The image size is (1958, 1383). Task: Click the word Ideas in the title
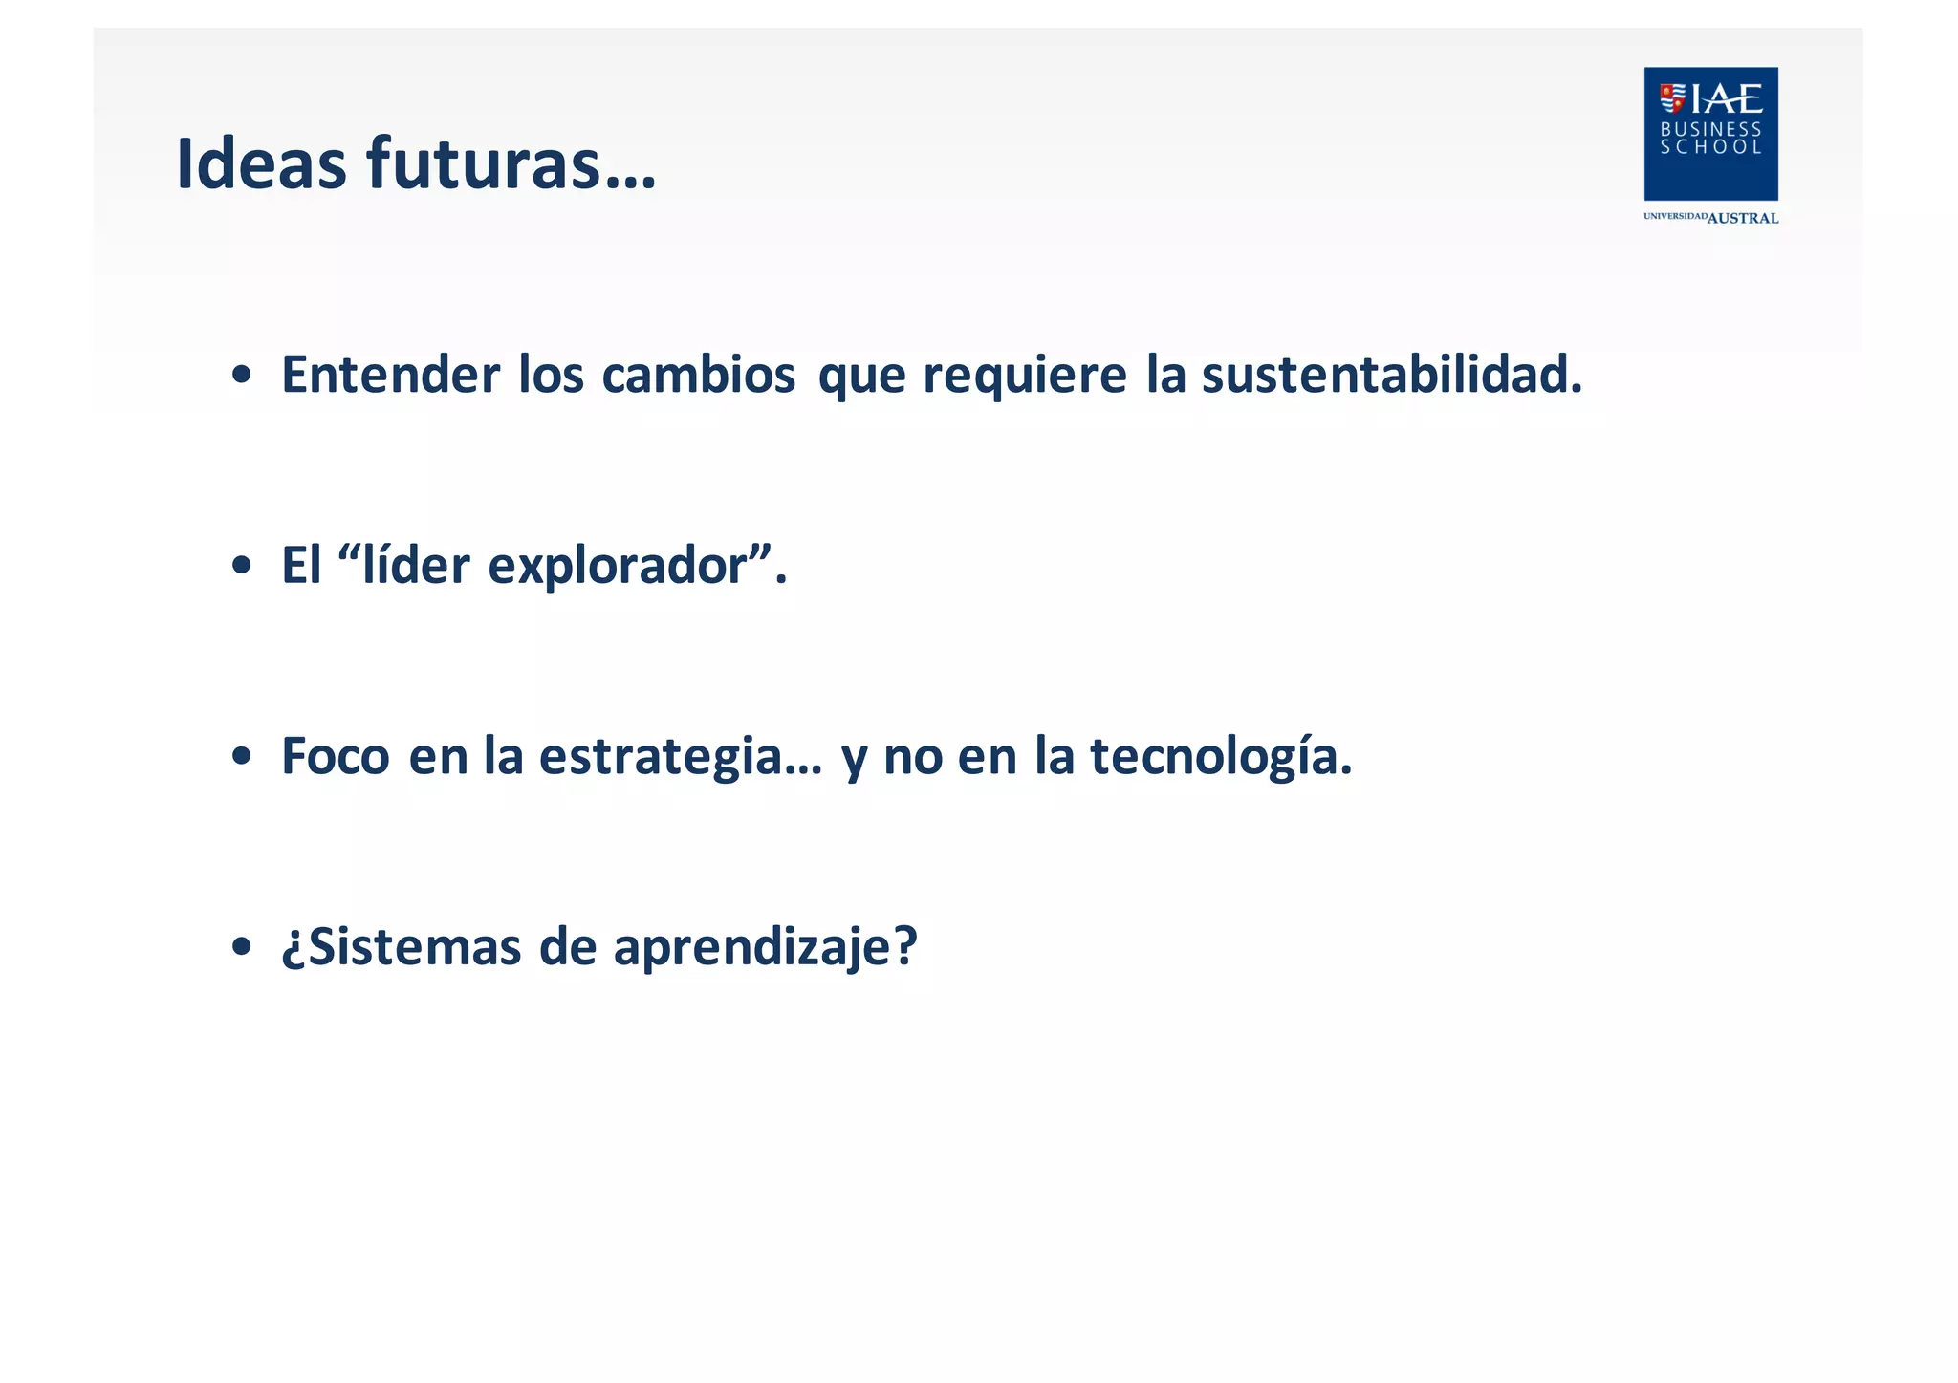pyautogui.click(x=261, y=163)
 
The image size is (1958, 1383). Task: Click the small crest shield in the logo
pyautogui.click(x=1672, y=97)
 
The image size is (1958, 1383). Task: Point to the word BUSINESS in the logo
pyautogui.click(x=1710, y=129)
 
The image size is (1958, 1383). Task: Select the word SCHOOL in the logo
pyautogui.click(x=1710, y=147)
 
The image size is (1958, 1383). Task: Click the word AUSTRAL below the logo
pyautogui.click(x=1742, y=218)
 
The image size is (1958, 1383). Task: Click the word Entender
pyautogui.click(x=390, y=374)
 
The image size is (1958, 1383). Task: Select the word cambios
pyautogui.click(x=698, y=374)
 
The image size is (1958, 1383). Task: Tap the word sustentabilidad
pyautogui.click(x=1391, y=374)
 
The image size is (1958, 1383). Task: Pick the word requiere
pyautogui.click(x=1024, y=374)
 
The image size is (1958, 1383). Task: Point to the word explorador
pyautogui.click(x=617, y=566)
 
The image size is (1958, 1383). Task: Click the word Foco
pyautogui.click(x=335, y=755)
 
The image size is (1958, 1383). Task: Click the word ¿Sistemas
pyautogui.click(x=401, y=946)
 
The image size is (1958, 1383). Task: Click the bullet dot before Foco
pyautogui.click(x=242, y=757)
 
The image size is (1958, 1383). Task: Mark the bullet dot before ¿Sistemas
pyautogui.click(x=242, y=947)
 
